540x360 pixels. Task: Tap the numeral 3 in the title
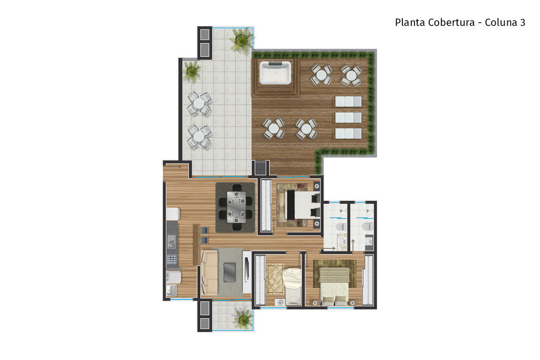coord(523,22)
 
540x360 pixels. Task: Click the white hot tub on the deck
coord(275,72)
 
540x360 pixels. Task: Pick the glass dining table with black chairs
coord(236,207)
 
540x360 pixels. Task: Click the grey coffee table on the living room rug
coord(229,272)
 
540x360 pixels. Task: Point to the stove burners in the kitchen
coord(171,259)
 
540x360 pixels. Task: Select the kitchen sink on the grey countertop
coord(171,241)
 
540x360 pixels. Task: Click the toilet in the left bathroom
coord(342,227)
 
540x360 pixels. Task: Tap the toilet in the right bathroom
coord(368,226)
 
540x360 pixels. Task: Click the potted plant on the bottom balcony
coord(243,318)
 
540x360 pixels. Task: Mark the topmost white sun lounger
coord(348,102)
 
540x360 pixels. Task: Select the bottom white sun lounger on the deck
coord(348,133)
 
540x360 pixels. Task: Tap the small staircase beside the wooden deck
coord(261,168)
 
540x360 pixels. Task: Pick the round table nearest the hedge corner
coord(351,75)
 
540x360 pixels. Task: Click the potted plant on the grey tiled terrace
coord(191,71)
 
